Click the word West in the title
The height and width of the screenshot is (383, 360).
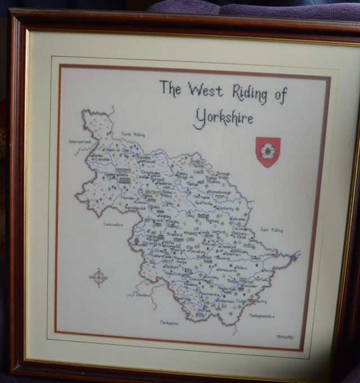tap(205, 90)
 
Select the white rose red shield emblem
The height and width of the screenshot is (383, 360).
tap(268, 152)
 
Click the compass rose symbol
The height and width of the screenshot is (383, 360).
tap(98, 277)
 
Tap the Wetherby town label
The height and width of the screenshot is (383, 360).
tap(223, 208)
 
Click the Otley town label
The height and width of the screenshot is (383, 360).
tap(190, 214)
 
